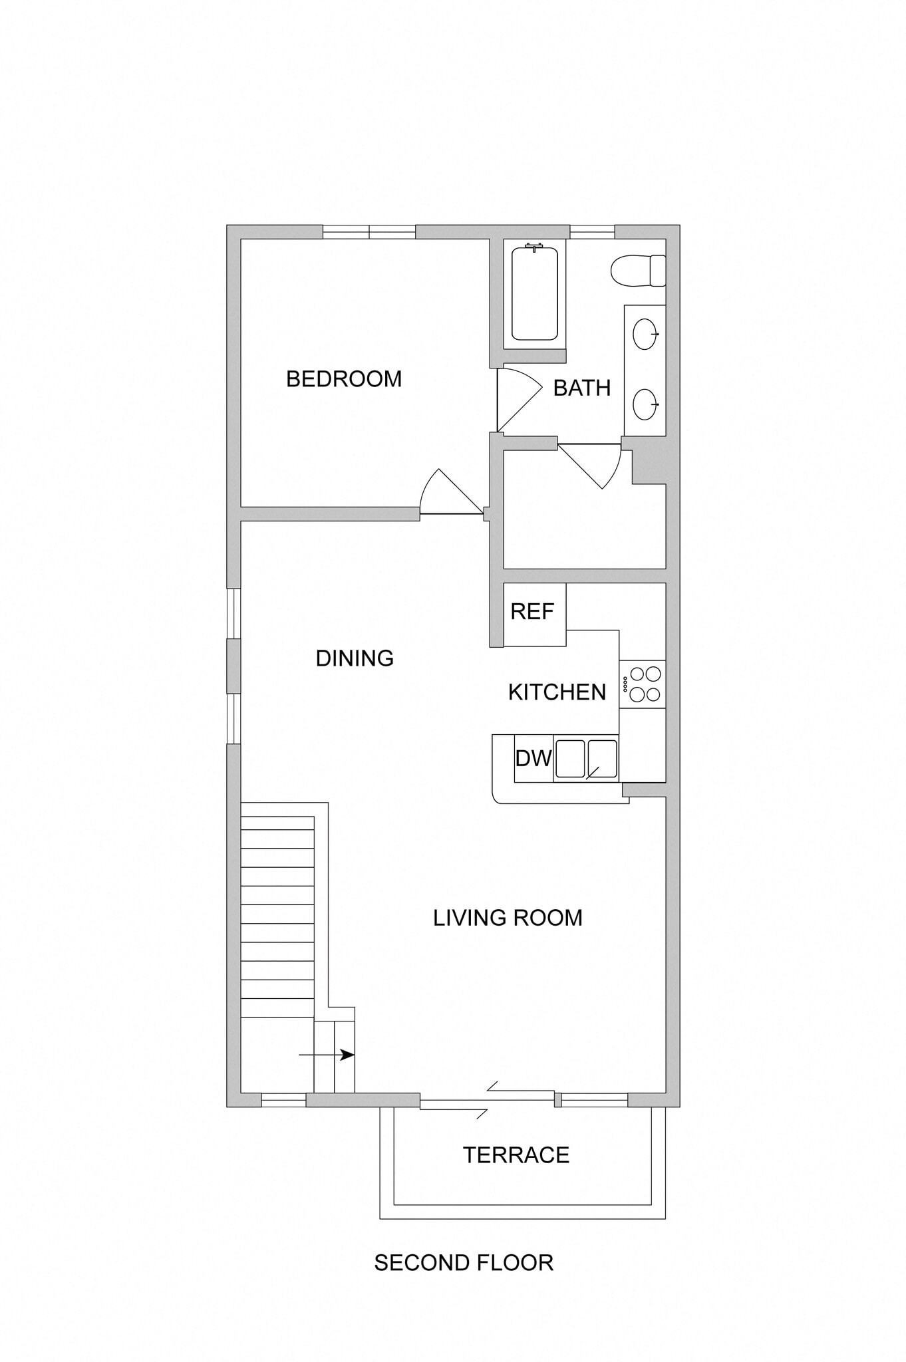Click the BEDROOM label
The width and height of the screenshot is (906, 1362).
pyautogui.click(x=344, y=379)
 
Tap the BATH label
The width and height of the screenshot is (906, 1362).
pyautogui.click(x=581, y=388)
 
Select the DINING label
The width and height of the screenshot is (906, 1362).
pyautogui.click(x=355, y=658)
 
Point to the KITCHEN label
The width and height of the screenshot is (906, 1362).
pyautogui.click(x=557, y=692)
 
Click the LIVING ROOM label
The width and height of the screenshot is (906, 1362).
pyautogui.click(x=508, y=918)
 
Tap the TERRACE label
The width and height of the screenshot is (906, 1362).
pyautogui.click(x=516, y=1155)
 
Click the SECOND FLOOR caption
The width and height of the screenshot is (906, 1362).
pyautogui.click(x=464, y=1263)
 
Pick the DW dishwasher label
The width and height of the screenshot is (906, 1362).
pyautogui.click(x=533, y=758)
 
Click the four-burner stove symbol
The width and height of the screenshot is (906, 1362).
pyautogui.click(x=643, y=684)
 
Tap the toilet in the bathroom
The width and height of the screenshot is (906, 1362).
pyautogui.click(x=637, y=271)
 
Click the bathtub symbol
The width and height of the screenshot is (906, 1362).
pyautogui.click(x=534, y=293)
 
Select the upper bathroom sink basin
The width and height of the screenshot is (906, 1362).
pyautogui.click(x=645, y=334)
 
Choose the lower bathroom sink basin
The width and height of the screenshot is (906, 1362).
pyautogui.click(x=645, y=404)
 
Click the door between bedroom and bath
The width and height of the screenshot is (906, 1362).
pyautogui.click(x=519, y=398)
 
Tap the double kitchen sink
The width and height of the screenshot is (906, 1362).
pyautogui.click(x=586, y=759)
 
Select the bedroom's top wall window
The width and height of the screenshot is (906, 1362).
pyautogui.click(x=369, y=232)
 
